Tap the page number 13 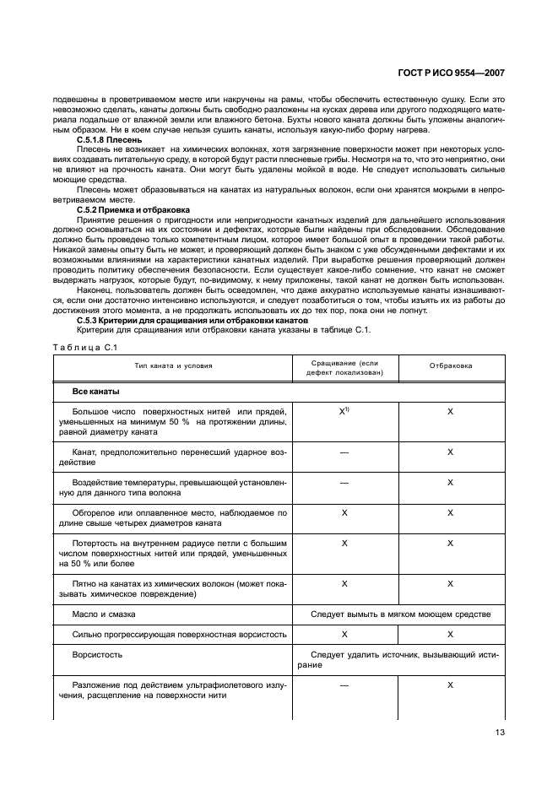click(x=499, y=733)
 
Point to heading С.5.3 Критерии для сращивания click(x=192, y=320)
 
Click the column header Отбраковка click(x=451, y=366)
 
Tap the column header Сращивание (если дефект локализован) click(x=344, y=366)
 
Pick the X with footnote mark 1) click(x=344, y=410)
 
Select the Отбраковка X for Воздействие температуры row click(x=451, y=482)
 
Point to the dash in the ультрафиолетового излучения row click(x=344, y=685)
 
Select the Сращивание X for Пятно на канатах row click(x=344, y=583)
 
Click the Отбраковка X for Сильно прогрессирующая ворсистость click(x=451, y=633)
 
